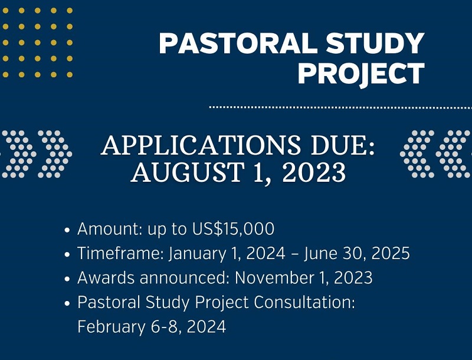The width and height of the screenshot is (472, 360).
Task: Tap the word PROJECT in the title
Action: coord(361,74)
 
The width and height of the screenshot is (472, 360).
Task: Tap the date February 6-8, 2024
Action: coord(152,326)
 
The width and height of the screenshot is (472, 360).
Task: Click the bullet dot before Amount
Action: coord(69,230)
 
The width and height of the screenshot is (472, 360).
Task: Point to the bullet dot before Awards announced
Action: coord(69,278)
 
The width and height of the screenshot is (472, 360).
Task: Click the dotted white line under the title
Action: coord(340,107)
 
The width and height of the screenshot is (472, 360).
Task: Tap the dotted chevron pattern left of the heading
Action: coord(35,153)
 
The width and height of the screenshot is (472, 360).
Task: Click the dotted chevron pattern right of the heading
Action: coord(435,153)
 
